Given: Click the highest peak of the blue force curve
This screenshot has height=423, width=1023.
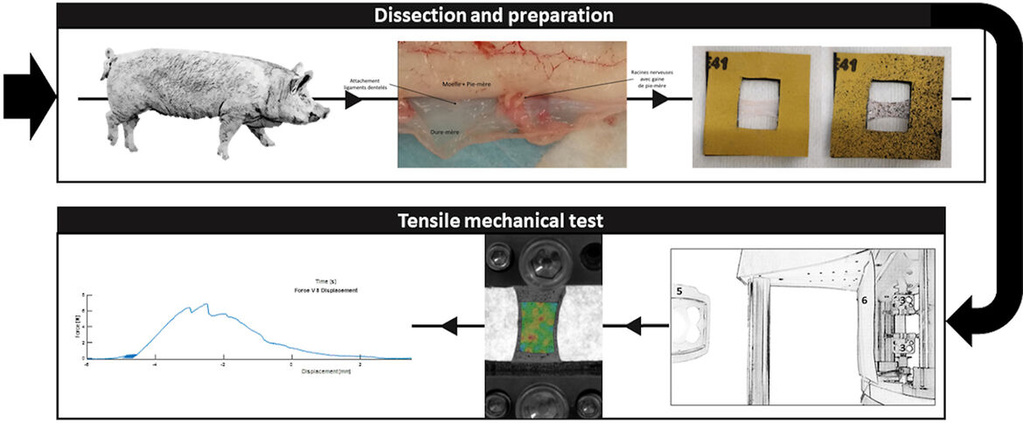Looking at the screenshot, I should point(207,304).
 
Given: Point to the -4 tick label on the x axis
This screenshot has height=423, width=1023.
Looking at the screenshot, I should point(154,364).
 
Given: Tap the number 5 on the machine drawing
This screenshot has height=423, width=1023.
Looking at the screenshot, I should point(679,288).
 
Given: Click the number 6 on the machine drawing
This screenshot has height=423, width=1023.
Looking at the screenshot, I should point(863,300).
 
